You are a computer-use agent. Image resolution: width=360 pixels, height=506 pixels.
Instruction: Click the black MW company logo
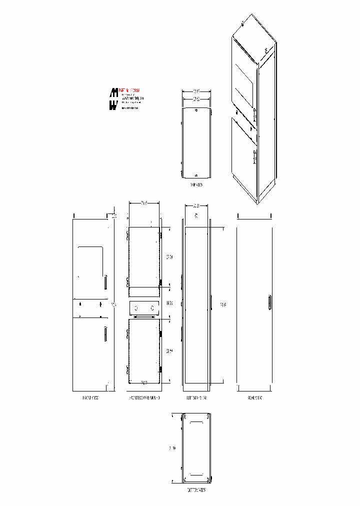pyautogui.click(x=114, y=99)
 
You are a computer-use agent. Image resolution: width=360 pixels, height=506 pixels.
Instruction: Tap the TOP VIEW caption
pyautogui.click(x=196, y=185)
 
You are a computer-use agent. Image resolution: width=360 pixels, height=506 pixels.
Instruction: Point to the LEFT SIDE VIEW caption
pyautogui.click(x=196, y=398)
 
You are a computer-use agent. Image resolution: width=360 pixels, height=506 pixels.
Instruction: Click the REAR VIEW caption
pyautogui.click(x=255, y=398)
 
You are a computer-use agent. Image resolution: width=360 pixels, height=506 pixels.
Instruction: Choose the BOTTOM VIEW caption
pyautogui.click(x=196, y=490)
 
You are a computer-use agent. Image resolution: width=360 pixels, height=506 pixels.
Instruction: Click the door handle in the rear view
pyautogui.click(x=269, y=303)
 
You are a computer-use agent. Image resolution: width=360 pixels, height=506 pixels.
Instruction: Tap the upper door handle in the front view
pyautogui.click(x=105, y=282)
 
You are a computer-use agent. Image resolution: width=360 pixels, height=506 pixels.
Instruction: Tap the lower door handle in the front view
pyautogui.click(x=105, y=333)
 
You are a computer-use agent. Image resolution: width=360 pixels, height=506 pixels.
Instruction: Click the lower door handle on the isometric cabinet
pyautogui.click(x=255, y=156)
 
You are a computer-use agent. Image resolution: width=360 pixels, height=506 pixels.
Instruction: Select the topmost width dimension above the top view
pyautogui.click(x=196, y=91)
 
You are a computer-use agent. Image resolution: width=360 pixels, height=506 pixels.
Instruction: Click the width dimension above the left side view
pyautogui.click(x=196, y=205)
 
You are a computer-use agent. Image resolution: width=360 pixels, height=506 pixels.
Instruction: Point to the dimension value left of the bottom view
pyautogui.click(x=173, y=448)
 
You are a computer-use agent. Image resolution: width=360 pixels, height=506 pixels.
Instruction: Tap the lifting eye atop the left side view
pyautogui.click(x=196, y=216)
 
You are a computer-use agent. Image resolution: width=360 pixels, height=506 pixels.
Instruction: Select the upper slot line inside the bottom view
pyautogui.click(x=196, y=421)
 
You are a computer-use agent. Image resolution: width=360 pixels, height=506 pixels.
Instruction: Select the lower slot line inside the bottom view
pyautogui.click(x=196, y=473)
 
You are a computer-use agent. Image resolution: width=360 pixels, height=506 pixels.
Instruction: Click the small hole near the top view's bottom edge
pyautogui.click(x=196, y=175)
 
